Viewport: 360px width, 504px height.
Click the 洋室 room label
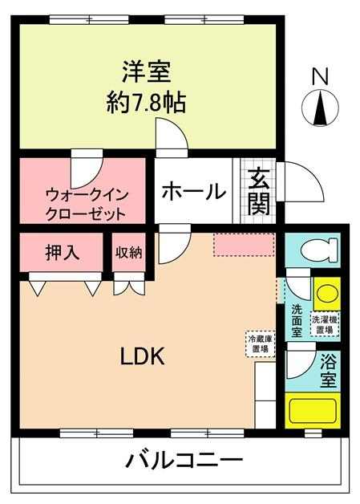[146, 71]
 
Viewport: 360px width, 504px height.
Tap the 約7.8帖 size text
[146, 103]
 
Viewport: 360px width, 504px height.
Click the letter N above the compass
[320, 77]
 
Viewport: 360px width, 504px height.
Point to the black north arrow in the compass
[321, 108]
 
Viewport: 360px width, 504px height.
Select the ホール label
[194, 191]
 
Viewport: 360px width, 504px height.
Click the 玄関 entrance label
[258, 191]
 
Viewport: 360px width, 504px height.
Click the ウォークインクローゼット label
[87, 205]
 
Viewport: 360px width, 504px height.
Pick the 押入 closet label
[63, 252]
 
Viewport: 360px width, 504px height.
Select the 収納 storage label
[129, 252]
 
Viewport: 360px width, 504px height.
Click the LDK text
[143, 356]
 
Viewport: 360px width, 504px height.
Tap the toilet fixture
[319, 250]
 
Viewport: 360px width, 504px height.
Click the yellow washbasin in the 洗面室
[327, 293]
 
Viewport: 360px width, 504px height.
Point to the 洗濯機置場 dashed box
[325, 324]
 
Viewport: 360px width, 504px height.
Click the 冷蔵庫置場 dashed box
[261, 344]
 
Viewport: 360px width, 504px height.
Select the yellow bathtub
[313, 411]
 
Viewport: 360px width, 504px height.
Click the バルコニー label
[184, 461]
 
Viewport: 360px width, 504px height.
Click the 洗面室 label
[297, 321]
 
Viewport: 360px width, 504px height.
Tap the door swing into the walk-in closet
[87, 169]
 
